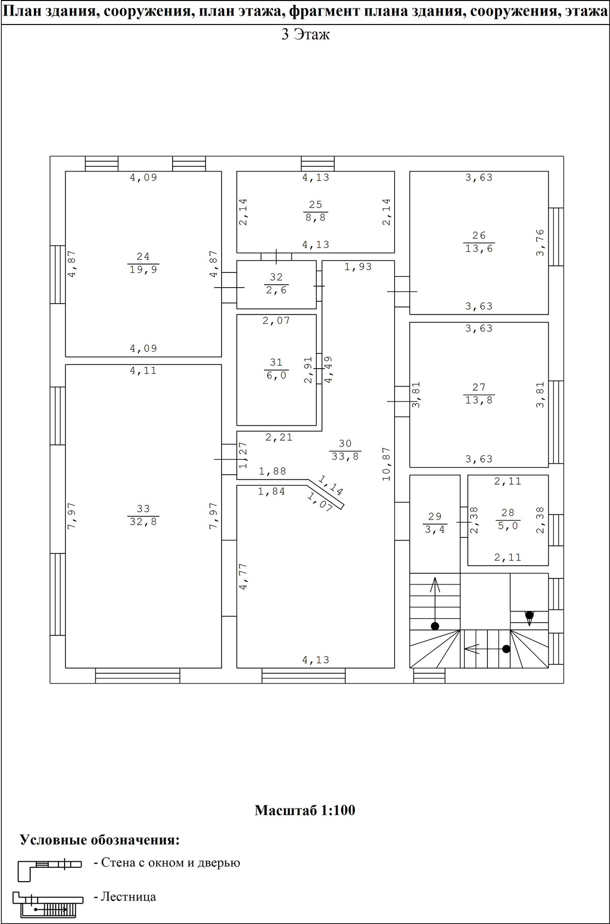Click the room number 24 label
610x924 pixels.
pyautogui.click(x=143, y=256)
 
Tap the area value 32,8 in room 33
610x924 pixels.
pyautogui.click(x=143, y=522)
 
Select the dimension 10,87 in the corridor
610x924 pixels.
pyautogui.click(x=387, y=464)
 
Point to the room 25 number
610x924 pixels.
pyautogui.click(x=315, y=205)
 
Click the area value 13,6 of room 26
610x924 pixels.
pyautogui.click(x=479, y=248)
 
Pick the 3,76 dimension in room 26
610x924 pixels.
pyautogui.click(x=540, y=243)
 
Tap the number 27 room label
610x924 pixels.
pyautogui.click(x=479, y=387)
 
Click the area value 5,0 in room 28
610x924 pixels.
pyautogui.click(x=508, y=525)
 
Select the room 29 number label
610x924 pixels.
pyautogui.click(x=435, y=516)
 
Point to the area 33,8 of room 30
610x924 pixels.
pyautogui.click(x=345, y=456)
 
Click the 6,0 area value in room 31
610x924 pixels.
pyautogui.click(x=276, y=375)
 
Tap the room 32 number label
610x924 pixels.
pyautogui.click(x=276, y=277)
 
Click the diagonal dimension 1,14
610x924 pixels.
pyautogui.click(x=330, y=485)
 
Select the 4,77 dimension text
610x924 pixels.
pyautogui.click(x=243, y=576)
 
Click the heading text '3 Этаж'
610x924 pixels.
pyautogui.click(x=305, y=34)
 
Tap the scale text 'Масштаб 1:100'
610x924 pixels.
pyautogui.click(x=305, y=810)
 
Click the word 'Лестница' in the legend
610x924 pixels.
pyautogui.click(x=129, y=896)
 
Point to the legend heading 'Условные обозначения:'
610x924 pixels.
pyautogui.click(x=100, y=840)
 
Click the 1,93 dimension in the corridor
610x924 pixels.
pyautogui.click(x=358, y=267)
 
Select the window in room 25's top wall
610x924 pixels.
pyautogui.click(x=318, y=164)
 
